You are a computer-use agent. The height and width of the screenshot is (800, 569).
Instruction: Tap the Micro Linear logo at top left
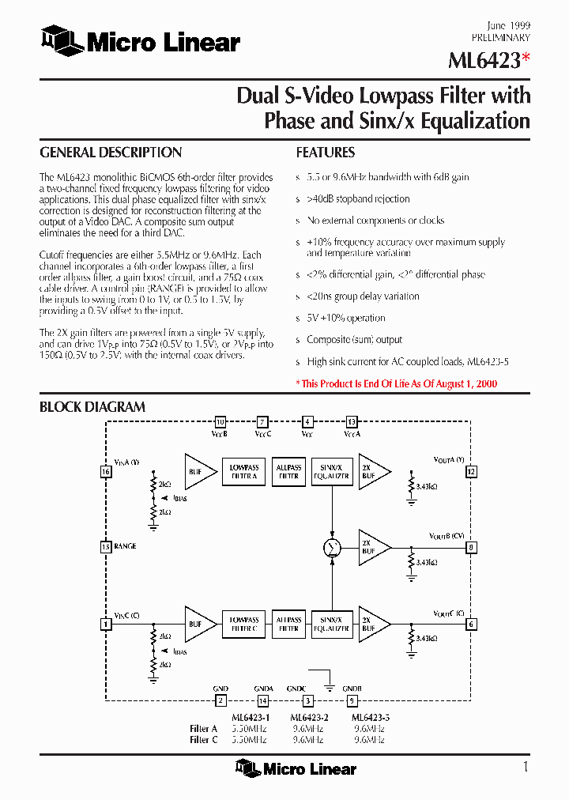pyautogui.click(x=141, y=41)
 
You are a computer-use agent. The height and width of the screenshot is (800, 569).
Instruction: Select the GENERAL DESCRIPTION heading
pyautogui.click(x=111, y=153)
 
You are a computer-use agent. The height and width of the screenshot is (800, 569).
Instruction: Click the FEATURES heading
pyautogui.click(x=326, y=153)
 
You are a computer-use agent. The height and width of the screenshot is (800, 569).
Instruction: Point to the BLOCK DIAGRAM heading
pyautogui.click(x=92, y=407)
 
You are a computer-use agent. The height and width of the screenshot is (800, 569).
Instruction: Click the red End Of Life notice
pyautogui.click(x=397, y=383)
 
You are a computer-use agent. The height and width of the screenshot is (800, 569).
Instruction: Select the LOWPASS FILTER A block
pyautogui.click(x=244, y=472)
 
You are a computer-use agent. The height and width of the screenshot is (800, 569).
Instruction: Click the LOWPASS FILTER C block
pyautogui.click(x=244, y=624)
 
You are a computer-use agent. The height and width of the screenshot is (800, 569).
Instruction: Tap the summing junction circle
pyautogui.click(x=333, y=547)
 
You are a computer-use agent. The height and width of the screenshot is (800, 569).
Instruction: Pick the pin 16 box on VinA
pyautogui.click(x=105, y=472)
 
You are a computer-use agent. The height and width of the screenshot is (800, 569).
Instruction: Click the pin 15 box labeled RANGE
pyautogui.click(x=105, y=546)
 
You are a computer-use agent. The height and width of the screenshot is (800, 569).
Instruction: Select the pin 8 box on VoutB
pyautogui.click(x=472, y=547)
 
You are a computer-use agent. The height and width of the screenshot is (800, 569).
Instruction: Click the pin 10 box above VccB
pyautogui.click(x=220, y=421)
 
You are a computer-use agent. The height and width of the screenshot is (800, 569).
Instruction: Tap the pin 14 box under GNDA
pyautogui.click(x=263, y=700)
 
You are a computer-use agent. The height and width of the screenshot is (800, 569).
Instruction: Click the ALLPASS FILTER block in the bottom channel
pyautogui.click(x=288, y=624)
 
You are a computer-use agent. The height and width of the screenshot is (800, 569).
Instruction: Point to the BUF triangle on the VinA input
pyautogui.click(x=198, y=472)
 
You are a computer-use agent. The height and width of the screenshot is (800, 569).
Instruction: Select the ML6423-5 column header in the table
pyautogui.click(x=370, y=718)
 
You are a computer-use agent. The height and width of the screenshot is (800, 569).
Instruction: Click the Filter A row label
pyautogui.click(x=204, y=729)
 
